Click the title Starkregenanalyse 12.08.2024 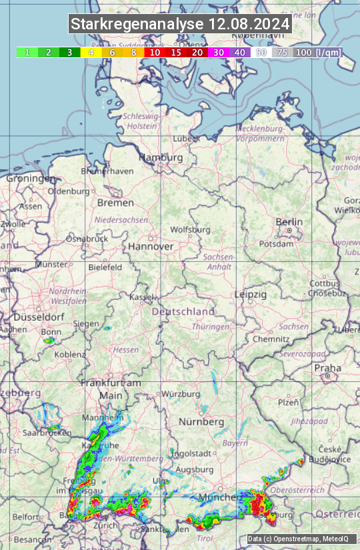pyautogui.click(x=180, y=25)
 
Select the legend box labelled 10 pyautogui.click(x=155, y=52)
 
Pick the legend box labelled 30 pyautogui.click(x=219, y=52)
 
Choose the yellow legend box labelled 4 pyautogui.click(x=91, y=52)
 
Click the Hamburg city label pyautogui.click(x=160, y=157)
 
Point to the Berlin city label pyautogui.click(x=289, y=222)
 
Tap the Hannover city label pyautogui.click(x=151, y=246)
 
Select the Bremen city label pyautogui.click(x=115, y=202)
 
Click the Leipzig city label pyautogui.click(x=250, y=294)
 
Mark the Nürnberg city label pyautogui.click(x=201, y=422)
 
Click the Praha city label pyautogui.click(x=327, y=367)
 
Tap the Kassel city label pyautogui.click(x=141, y=297)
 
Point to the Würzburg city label pyautogui.click(x=181, y=393)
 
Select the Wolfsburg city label pyautogui.click(x=191, y=229)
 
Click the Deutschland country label pyautogui.click(x=183, y=311)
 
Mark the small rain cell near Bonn pyautogui.click(x=48, y=341)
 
